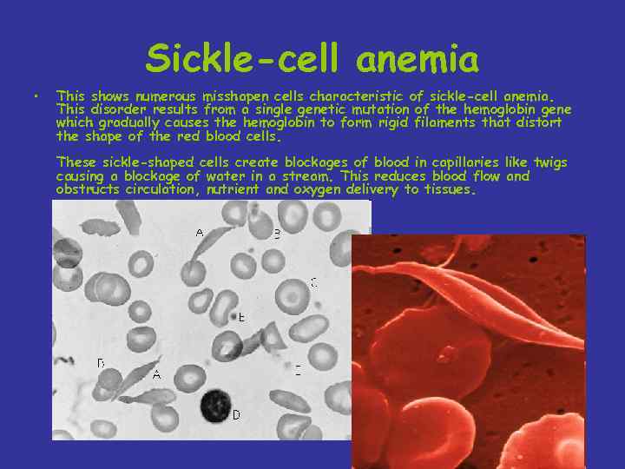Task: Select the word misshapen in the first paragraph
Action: coord(234,96)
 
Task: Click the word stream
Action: coord(311,176)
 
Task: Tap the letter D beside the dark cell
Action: coord(235,415)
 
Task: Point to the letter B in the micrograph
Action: coord(277,233)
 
